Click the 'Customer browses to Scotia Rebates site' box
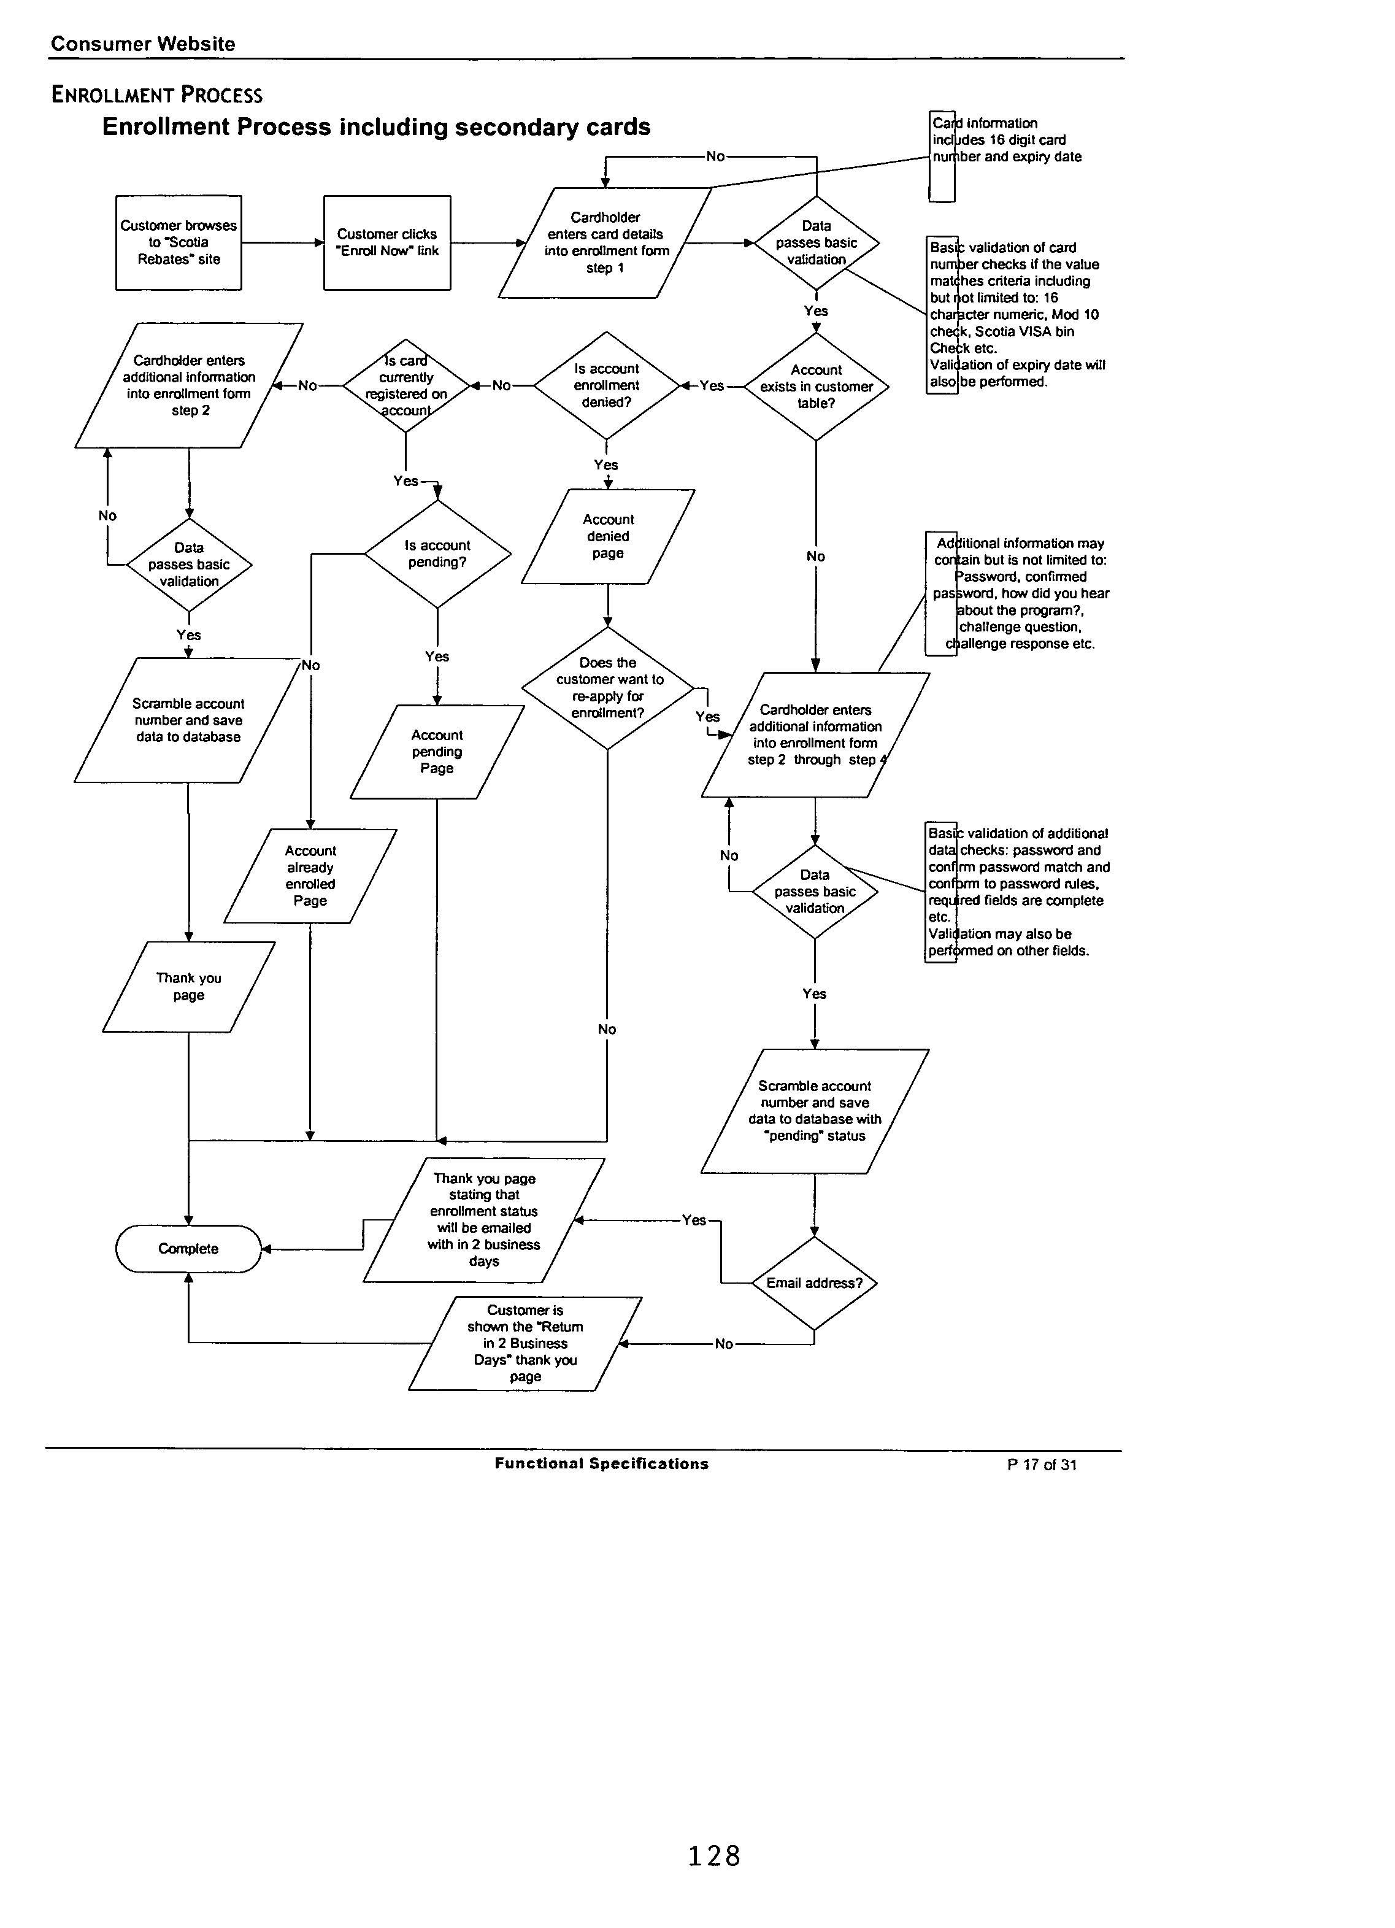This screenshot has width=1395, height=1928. [179, 243]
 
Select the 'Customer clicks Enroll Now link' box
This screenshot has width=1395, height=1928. [387, 243]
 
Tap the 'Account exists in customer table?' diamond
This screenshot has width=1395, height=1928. [816, 387]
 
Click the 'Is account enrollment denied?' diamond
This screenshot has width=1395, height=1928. [606, 385]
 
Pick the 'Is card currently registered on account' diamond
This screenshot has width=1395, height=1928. [405, 386]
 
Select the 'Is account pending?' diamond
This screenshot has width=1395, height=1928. [437, 554]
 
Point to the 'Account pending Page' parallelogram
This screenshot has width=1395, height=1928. [437, 752]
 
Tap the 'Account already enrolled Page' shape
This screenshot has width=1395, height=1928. [310, 876]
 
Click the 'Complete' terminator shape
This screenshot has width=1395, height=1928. [188, 1249]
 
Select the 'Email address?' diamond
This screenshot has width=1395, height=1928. [815, 1283]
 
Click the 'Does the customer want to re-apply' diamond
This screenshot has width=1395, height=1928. [608, 688]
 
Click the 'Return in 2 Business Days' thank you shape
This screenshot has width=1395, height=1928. [525, 1343]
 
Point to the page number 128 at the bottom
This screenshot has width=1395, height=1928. [714, 1856]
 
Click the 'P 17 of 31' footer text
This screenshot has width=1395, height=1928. [1042, 1465]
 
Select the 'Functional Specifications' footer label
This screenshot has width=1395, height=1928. [601, 1464]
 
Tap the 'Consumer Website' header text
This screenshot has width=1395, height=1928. [143, 44]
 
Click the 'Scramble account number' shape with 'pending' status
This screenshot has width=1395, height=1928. [815, 1111]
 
